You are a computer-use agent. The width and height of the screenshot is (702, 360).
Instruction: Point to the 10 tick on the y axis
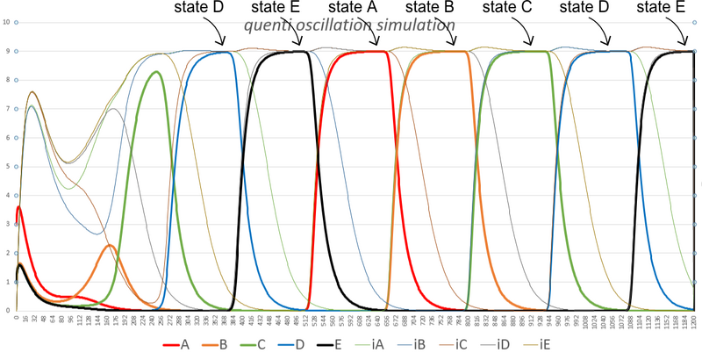coord(7,21)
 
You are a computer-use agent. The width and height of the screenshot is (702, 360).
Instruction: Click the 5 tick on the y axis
coord(7,166)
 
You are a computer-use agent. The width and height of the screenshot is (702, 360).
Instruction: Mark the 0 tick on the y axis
coord(7,311)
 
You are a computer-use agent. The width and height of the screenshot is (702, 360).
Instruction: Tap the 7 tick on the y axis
coord(7,108)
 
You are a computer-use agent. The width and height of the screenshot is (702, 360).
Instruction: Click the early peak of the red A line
coord(19,207)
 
